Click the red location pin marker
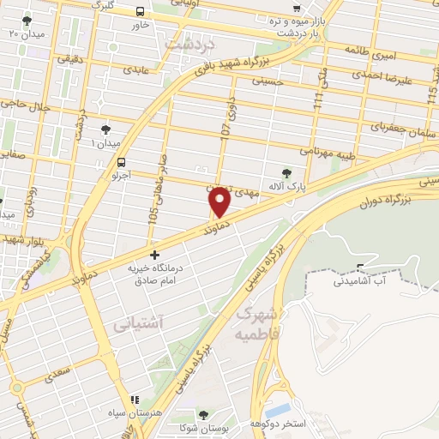[219, 202]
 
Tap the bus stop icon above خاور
[140, 11]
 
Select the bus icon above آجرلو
[121, 161]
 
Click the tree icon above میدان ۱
[105, 129]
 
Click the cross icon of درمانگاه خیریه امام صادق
[154, 255]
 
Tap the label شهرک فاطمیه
[254, 320]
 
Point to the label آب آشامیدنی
[359, 280]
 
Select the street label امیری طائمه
[368, 51]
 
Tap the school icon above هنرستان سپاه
[133, 400]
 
